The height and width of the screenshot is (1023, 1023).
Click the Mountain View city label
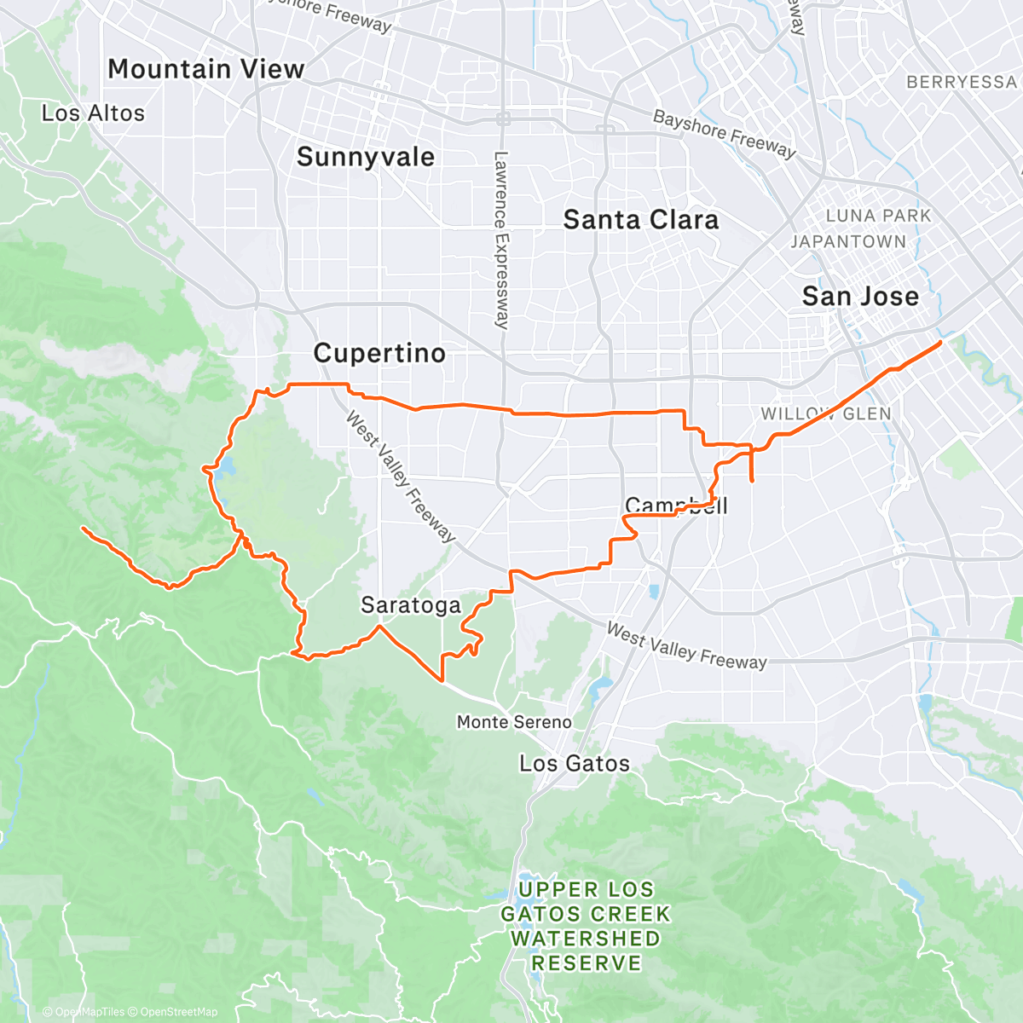coord(205,69)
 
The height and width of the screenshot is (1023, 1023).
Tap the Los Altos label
coord(93,113)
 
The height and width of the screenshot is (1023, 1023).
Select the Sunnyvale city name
coord(365,157)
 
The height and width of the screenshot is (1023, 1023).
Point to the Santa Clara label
coord(640,220)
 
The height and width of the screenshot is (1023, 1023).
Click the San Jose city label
coord(860,297)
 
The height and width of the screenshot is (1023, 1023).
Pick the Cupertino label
coord(379,353)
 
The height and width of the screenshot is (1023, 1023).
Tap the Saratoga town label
coord(410,605)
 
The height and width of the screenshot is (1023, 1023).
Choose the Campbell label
coord(676,506)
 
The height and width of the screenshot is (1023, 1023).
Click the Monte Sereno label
coord(514,722)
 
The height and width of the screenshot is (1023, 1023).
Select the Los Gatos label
coord(575,763)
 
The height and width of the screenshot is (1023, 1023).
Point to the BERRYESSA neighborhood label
coord(961,83)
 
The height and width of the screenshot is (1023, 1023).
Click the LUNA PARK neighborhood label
coord(878,216)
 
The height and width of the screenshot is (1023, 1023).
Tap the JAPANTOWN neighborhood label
coord(847,242)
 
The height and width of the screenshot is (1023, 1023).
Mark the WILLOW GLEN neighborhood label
coord(825,414)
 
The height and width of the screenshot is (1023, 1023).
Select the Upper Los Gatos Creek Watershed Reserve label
coord(585,926)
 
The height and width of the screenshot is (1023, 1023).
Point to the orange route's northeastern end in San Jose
coord(939,343)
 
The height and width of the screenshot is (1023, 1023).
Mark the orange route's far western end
coord(84,529)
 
